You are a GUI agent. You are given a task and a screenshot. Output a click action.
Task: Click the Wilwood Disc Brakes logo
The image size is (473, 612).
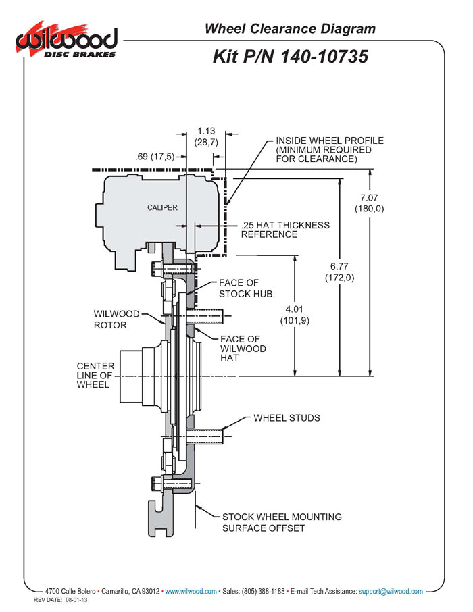[67, 41]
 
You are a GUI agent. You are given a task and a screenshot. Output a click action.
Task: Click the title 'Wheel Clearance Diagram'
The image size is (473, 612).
[290, 28]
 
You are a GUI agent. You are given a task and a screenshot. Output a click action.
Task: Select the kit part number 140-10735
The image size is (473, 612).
[291, 57]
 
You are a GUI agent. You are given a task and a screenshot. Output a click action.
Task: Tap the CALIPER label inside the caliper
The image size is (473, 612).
[162, 207]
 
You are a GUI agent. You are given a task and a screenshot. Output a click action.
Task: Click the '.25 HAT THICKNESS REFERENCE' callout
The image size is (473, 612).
[285, 230]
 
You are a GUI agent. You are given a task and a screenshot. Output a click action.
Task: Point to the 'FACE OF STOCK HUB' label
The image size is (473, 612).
[245, 288]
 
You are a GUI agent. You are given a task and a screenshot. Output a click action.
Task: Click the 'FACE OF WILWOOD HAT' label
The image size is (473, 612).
[243, 349]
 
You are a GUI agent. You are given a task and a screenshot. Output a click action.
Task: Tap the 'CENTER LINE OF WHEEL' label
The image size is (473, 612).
[95, 375]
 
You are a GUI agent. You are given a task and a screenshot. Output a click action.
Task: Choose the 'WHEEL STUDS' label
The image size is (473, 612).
[287, 418]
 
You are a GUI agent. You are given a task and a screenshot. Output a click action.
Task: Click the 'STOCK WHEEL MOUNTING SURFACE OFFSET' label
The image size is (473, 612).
[282, 522]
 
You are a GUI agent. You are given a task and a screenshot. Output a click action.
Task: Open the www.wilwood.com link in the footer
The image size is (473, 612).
[191, 592]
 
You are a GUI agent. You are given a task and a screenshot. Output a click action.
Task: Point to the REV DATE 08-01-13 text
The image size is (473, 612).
[61, 600]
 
